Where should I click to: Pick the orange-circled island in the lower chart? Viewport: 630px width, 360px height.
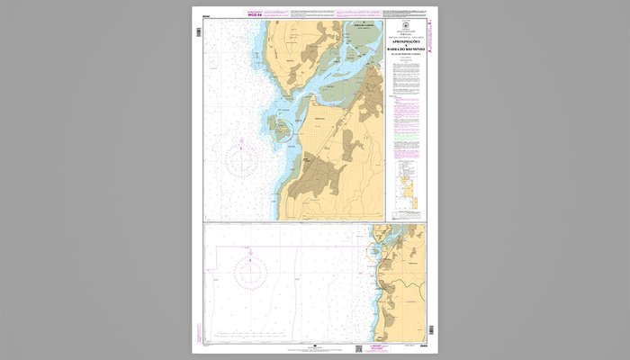point(373,253)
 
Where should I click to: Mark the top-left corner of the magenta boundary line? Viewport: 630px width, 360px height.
point(205,224)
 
